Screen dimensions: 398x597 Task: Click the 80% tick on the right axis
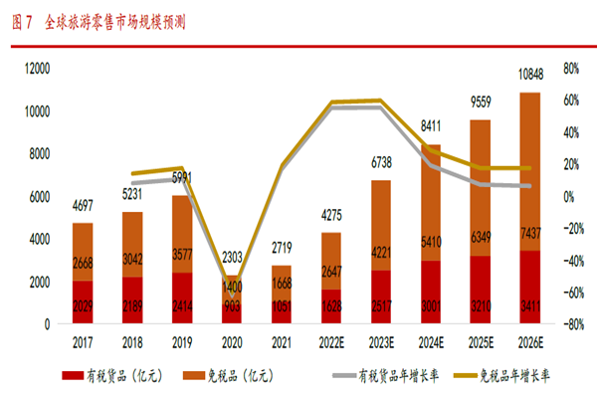point(570,68)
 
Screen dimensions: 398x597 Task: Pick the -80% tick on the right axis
point(569,324)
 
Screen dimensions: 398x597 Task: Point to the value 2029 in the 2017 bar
point(84,303)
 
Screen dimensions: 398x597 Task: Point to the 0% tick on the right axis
point(566,196)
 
